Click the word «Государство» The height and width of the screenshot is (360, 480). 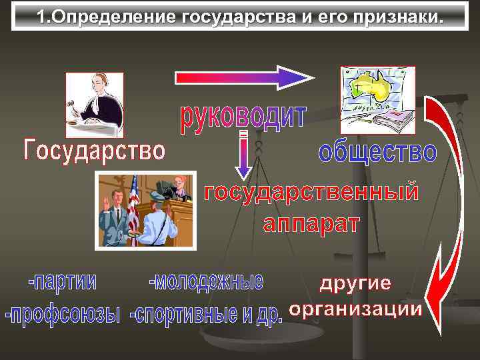93,150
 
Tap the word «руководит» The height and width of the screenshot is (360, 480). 243,118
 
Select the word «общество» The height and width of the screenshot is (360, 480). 377,151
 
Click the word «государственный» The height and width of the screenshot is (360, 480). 311,193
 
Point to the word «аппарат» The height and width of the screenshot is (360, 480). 311,223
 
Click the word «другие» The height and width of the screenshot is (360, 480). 355,283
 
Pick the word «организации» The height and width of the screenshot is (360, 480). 355,309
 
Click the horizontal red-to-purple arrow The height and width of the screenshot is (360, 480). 244,77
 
